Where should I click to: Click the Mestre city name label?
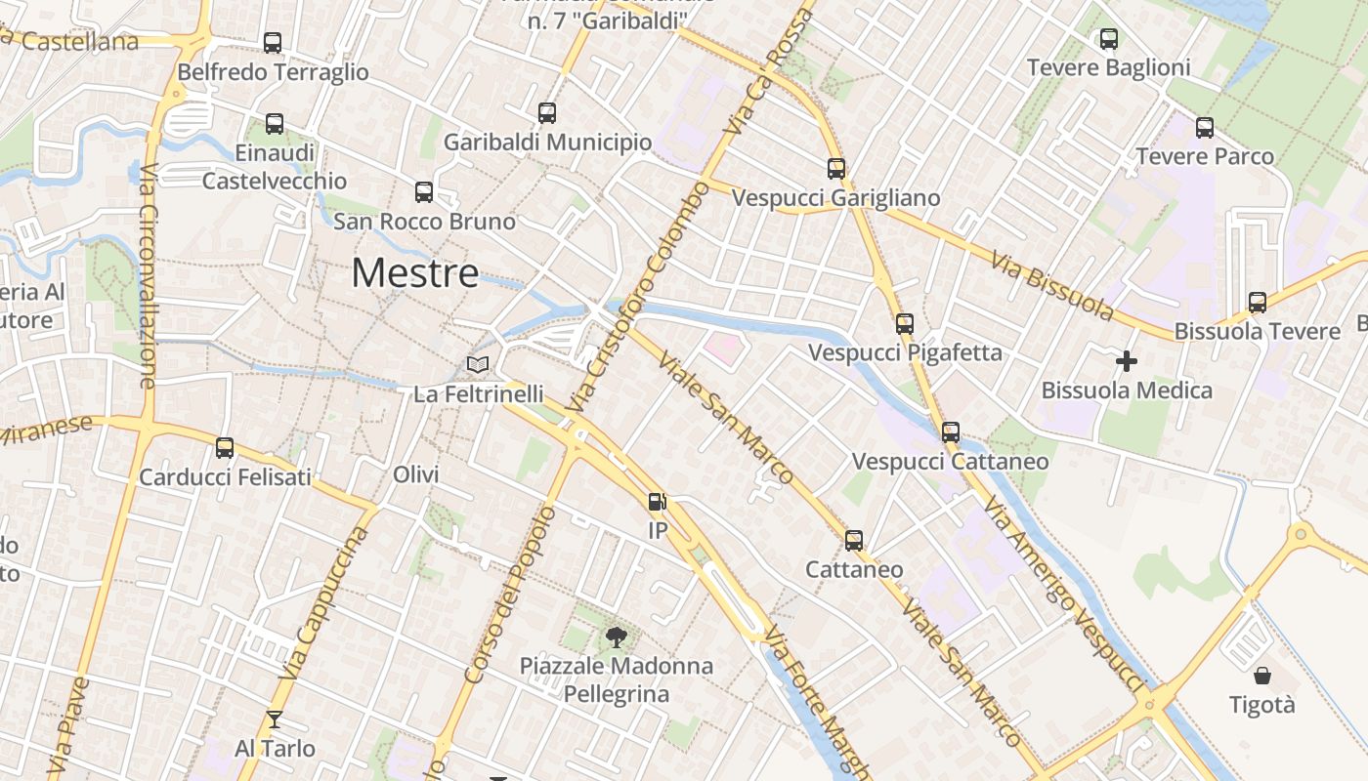(415, 273)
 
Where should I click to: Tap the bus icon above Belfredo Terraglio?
(273, 43)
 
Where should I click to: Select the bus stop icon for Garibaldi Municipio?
(547, 113)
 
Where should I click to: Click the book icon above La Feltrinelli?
(478, 365)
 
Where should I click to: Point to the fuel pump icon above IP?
(658, 502)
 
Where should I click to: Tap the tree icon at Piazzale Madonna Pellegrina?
(616, 638)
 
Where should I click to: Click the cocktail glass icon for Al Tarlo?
(275, 719)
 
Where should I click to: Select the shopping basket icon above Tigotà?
(1262, 676)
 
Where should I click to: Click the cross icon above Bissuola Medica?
(1127, 361)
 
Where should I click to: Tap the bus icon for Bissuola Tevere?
(1258, 303)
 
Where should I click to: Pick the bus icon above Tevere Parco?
(1205, 128)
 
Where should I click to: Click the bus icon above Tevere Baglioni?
(1109, 39)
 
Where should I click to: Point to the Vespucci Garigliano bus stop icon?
(836, 169)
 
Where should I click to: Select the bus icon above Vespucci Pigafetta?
(905, 324)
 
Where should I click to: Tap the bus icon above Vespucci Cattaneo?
(951, 432)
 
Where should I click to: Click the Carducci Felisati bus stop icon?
(225, 448)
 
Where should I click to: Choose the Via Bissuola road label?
(1051, 285)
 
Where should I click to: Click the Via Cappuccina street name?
(327, 603)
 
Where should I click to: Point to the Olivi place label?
(415, 474)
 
